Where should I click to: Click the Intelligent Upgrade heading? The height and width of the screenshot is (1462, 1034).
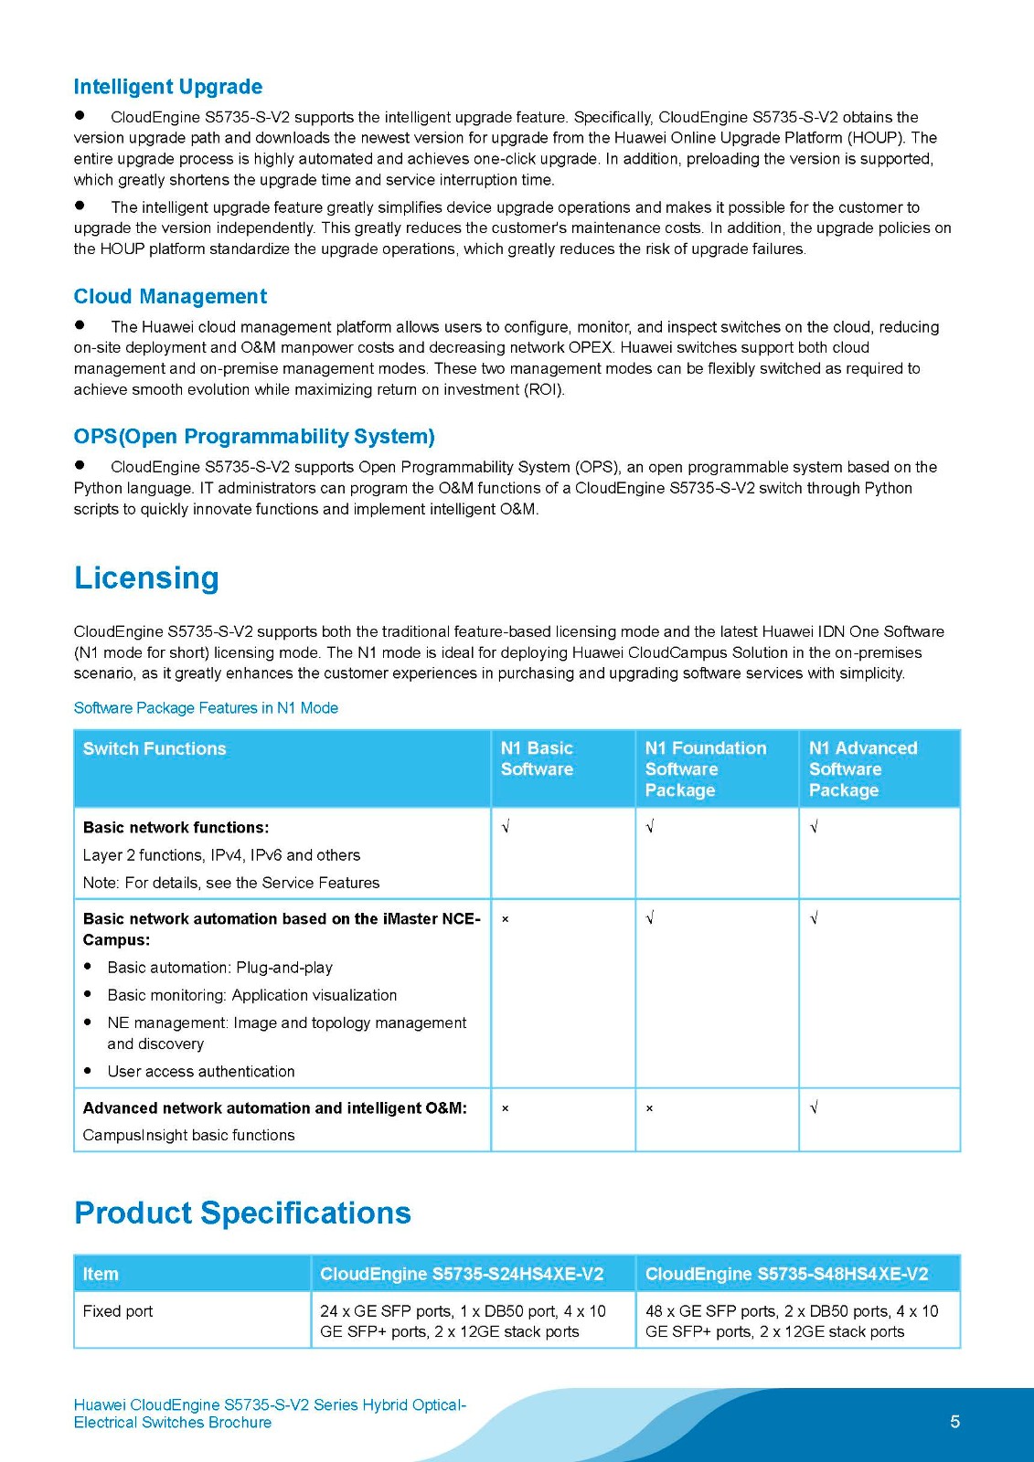[x=168, y=87]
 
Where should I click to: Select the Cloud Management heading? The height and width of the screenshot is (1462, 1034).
[x=170, y=297]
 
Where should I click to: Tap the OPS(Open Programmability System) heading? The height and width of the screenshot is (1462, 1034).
[x=254, y=437]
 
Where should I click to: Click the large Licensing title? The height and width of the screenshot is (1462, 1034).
[x=146, y=578]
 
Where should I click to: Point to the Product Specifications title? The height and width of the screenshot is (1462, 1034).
[x=242, y=1213]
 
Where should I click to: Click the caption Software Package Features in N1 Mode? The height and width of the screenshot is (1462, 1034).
[x=206, y=708]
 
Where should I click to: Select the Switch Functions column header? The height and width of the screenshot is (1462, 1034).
[x=155, y=749]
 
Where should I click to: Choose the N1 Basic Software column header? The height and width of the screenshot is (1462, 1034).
[x=537, y=759]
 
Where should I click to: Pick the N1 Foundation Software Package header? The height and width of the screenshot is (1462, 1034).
[x=705, y=769]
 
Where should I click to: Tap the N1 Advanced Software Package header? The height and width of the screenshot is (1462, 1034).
[x=862, y=769]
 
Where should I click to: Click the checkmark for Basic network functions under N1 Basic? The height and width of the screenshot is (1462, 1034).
[x=506, y=828]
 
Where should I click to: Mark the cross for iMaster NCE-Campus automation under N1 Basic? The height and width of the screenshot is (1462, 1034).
[x=506, y=919]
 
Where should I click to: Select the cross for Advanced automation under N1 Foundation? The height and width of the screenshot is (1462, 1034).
[x=650, y=1108]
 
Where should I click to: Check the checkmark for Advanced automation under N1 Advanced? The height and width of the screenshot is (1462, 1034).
[x=814, y=1108]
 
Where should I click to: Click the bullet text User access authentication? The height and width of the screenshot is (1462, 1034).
[x=201, y=1072]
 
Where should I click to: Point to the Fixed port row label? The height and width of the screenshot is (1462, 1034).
[x=118, y=1311]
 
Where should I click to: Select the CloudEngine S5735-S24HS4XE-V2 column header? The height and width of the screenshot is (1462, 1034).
[x=462, y=1275]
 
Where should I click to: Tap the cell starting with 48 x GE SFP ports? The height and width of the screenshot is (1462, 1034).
[x=792, y=1321]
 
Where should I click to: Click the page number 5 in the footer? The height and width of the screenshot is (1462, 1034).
[x=955, y=1422]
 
